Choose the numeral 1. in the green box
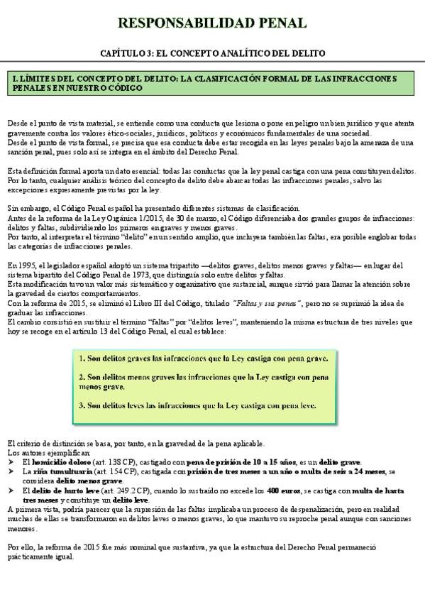[82, 359]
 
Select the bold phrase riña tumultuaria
[56, 471]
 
